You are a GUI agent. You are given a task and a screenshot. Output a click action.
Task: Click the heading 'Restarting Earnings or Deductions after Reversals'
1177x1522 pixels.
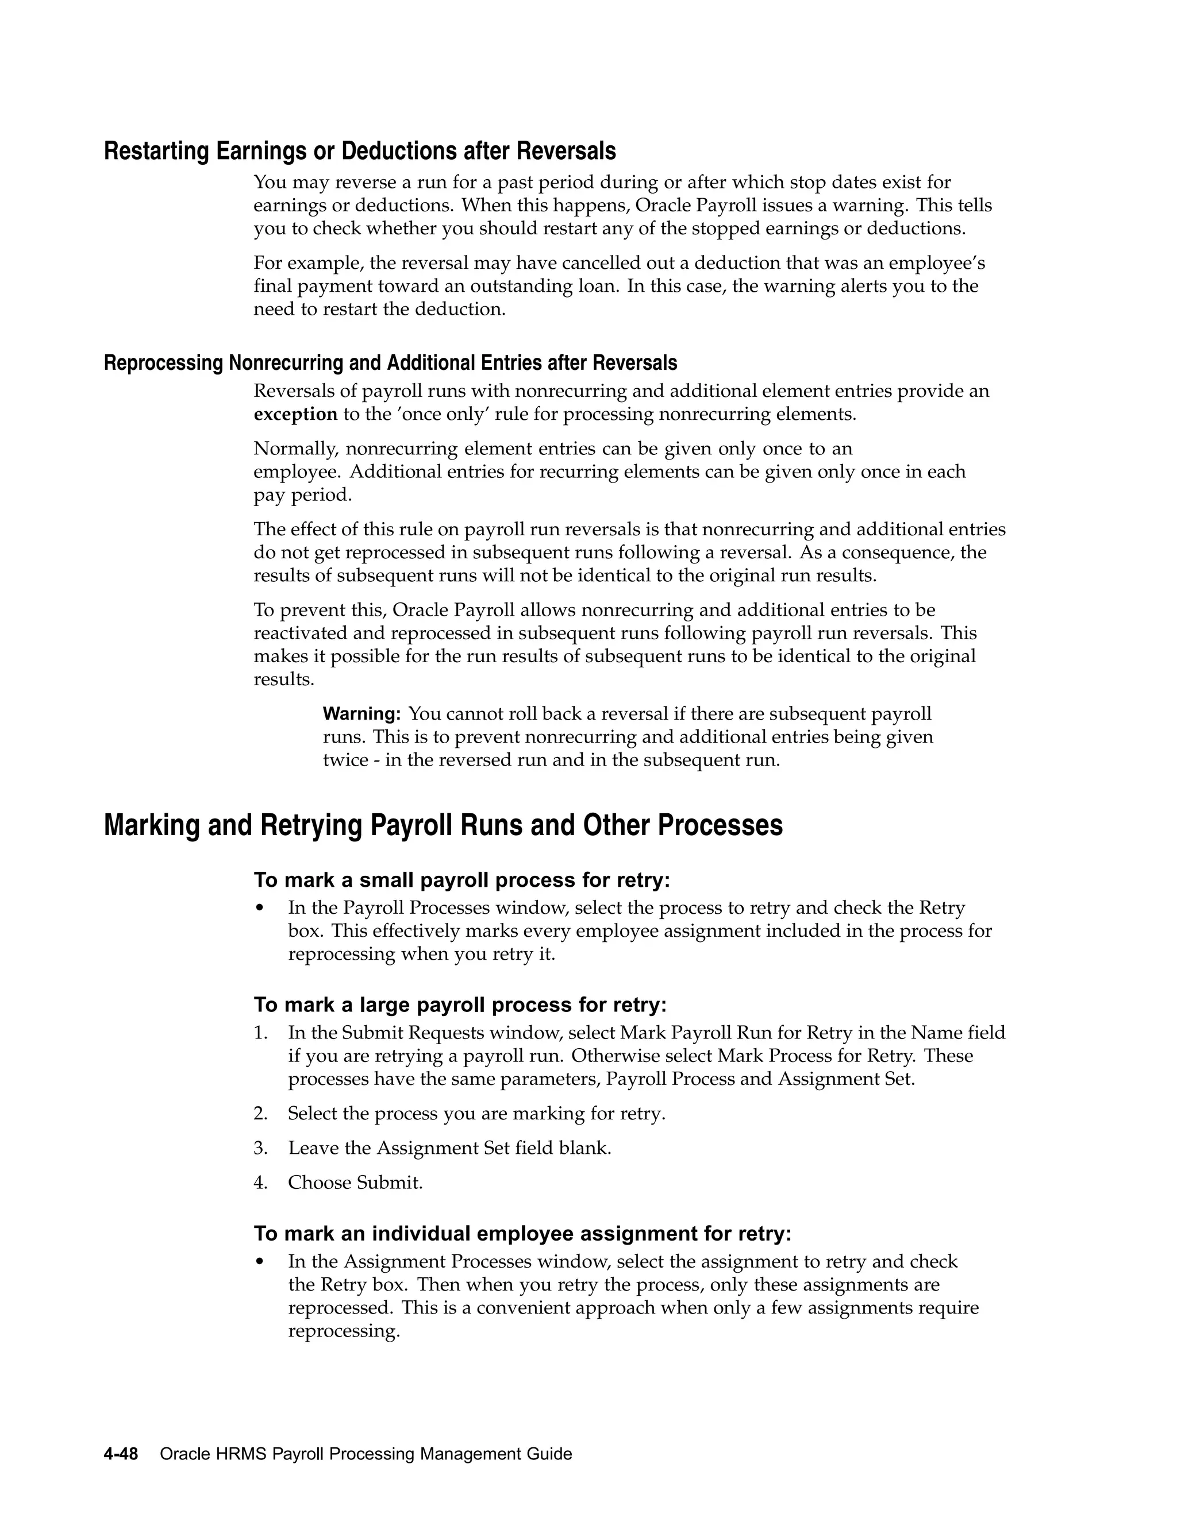click(x=360, y=151)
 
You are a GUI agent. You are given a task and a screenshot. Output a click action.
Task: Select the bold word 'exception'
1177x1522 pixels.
click(x=295, y=415)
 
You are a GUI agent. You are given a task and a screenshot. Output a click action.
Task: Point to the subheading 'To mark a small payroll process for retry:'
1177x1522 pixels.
click(x=461, y=880)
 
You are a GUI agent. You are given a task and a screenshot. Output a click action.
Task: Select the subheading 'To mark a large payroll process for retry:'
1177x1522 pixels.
click(x=460, y=1005)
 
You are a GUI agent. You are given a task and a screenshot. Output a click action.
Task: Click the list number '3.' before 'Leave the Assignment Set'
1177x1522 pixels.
click(x=260, y=1148)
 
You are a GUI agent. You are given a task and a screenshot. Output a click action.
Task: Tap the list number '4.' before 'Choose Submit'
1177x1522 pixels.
click(x=260, y=1183)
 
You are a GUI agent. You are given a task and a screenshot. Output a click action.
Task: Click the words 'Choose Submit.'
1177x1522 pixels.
click(x=355, y=1183)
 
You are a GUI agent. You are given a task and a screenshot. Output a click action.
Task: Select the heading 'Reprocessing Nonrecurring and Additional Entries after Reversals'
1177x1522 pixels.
click(x=390, y=363)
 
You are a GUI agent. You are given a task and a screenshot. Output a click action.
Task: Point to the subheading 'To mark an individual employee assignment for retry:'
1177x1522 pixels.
click(x=522, y=1234)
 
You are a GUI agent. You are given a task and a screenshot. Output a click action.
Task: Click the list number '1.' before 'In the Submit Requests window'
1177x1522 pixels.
click(x=260, y=1033)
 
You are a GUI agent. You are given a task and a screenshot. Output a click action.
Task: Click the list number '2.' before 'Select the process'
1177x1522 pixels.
click(x=260, y=1114)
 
